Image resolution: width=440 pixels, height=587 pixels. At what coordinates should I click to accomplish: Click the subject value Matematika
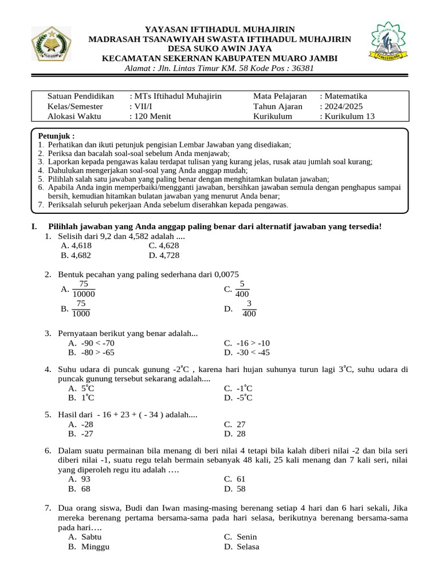(345, 96)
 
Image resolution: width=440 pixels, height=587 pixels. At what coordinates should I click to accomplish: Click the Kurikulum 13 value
(349, 116)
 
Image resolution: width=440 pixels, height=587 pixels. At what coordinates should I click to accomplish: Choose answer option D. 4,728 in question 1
(164, 256)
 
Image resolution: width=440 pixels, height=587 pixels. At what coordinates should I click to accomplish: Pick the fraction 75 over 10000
(84, 289)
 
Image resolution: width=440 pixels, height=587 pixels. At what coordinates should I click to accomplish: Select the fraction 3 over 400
(249, 308)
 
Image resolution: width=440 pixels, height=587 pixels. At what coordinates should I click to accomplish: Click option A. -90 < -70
(95, 343)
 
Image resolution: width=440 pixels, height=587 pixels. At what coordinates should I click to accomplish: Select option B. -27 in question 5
(81, 434)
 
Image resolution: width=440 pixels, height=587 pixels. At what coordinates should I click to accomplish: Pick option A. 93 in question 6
(80, 479)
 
